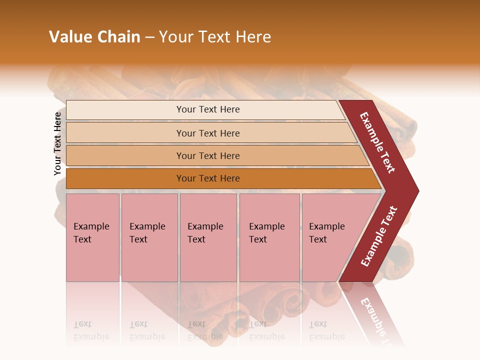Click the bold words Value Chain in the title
tap(94, 37)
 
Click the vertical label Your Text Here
tap(57, 143)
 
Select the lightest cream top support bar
tap(125, 110)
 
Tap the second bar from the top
tap(125, 133)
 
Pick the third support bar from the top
tap(125, 155)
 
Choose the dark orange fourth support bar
tap(125, 178)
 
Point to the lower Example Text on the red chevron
tap(379, 236)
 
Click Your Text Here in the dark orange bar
tap(208, 178)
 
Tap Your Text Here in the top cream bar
tap(208, 109)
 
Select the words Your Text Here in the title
tap(215, 37)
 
